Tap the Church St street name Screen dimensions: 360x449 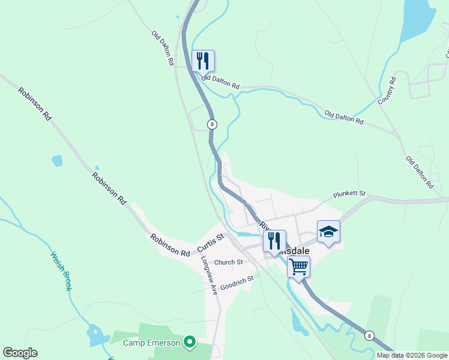pyautogui.click(x=228, y=262)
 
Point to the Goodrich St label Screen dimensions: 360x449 pyautogui.click(x=237, y=282)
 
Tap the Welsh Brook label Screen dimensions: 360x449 pyautogui.click(x=61, y=271)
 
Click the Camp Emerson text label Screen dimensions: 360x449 pyautogui.click(x=152, y=343)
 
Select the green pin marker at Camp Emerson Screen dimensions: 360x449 pyautogui.click(x=190, y=342)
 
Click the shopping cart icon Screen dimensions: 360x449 pyautogui.click(x=298, y=266)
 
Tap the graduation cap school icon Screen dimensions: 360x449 pyautogui.click(x=328, y=232)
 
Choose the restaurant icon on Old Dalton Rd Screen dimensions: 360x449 pyautogui.click(x=203, y=61)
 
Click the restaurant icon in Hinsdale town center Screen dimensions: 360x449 pyautogui.click(x=274, y=241)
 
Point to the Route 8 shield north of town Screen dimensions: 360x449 pyautogui.click(x=211, y=124)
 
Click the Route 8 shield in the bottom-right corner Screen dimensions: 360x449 pyautogui.click(x=369, y=335)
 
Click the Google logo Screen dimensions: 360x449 pyautogui.click(x=20, y=353)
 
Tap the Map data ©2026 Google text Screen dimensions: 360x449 pyautogui.click(x=412, y=355)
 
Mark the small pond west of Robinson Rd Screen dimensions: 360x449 pyautogui.click(x=57, y=160)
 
